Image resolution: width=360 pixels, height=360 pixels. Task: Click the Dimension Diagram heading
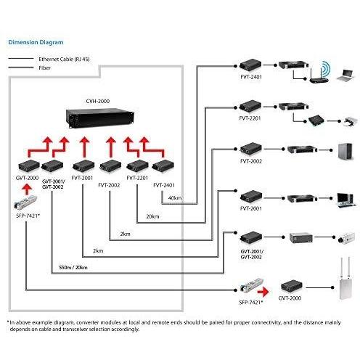[36, 42]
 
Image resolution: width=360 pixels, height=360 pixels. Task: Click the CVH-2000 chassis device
[100, 118]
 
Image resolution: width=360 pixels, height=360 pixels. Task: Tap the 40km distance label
[175, 198]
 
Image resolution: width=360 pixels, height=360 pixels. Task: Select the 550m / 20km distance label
[73, 267]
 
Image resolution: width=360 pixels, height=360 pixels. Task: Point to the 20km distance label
[152, 216]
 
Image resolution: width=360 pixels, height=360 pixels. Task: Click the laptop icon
[346, 75]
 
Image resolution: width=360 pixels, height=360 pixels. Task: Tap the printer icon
[350, 122]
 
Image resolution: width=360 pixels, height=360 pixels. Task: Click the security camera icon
[347, 238]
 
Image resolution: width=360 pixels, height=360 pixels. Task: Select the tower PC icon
[345, 151]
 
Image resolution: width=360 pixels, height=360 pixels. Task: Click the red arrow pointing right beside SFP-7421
[263, 292]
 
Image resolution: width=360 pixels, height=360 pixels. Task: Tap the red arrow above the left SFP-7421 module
[27, 189]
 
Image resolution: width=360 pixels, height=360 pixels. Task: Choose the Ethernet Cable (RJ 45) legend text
[64, 59]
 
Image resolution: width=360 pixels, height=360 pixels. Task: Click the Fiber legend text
[45, 68]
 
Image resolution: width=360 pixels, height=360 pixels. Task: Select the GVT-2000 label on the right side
[290, 298]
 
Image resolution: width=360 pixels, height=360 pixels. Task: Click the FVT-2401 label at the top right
[251, 77]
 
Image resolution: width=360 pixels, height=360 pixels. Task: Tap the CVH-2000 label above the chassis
[98, 101]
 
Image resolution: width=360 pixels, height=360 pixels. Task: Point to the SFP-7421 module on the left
[25, 202]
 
